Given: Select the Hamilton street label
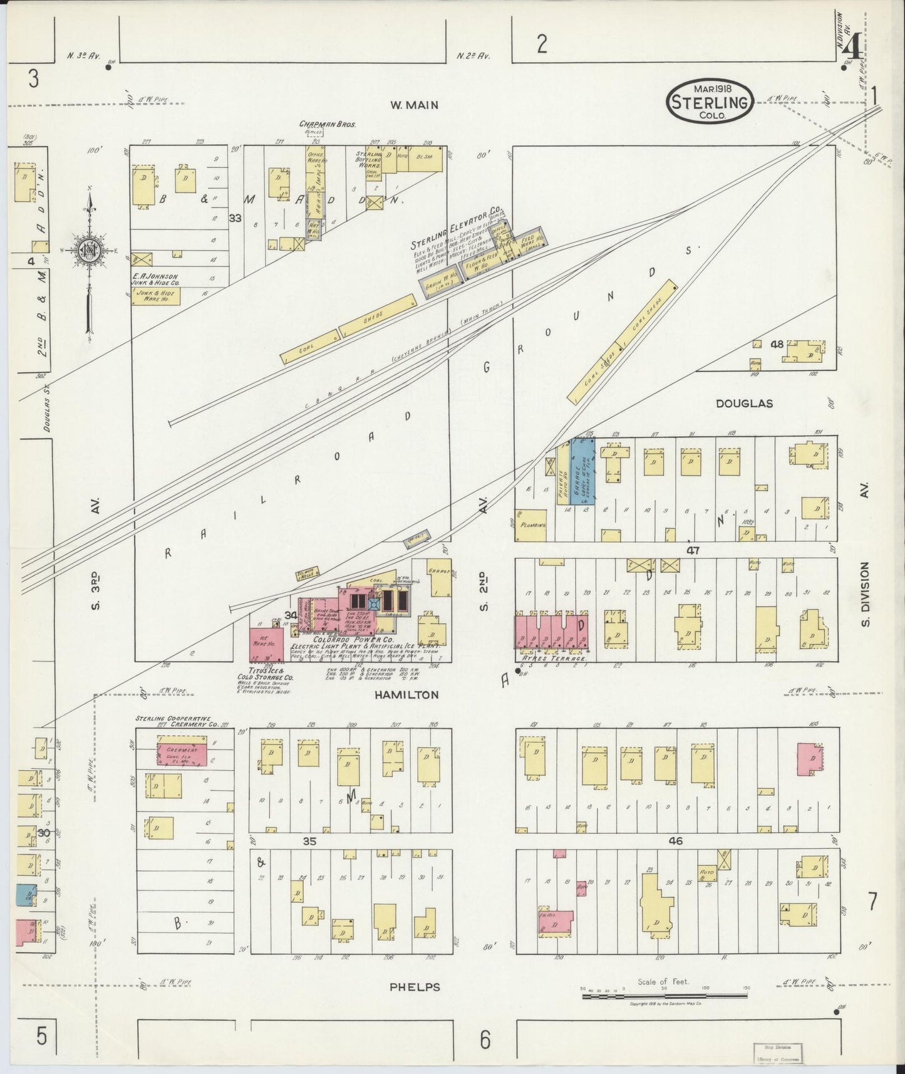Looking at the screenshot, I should [x=406, y=695].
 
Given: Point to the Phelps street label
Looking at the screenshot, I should [x=415, y=987].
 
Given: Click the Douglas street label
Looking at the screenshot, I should [x=744, y=404].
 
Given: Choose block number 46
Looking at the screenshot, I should [x=675, y=842].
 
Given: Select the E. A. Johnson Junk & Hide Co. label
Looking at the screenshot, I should [x=155, y=279].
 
